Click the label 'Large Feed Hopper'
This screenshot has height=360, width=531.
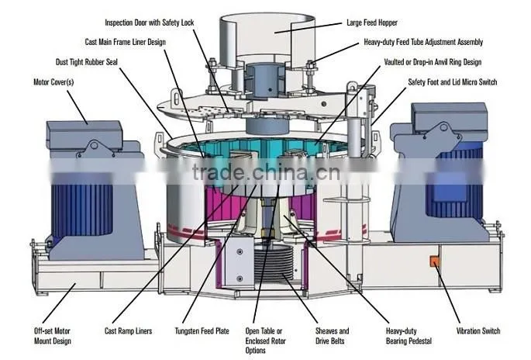pyautogui.click(x=372, y=22)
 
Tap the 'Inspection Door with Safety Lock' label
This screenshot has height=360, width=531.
pyautogui.click(x=150, y=22)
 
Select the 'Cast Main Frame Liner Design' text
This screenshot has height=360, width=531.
pyautogui.click(x=126, y=42)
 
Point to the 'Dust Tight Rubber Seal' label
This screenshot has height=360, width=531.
pyautogui.click(x=87, y=62)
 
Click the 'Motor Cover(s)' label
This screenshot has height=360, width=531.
pyautogui.click(x=53, y=82)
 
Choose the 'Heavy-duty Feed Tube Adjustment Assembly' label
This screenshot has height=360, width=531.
pyautogui.click(x=423, y=42)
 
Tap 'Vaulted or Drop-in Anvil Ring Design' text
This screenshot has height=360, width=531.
pyautogui.click(x=433, y=62)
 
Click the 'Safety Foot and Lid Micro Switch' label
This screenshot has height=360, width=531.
pyautogui.click(x=453, y=82)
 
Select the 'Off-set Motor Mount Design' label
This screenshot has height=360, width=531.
pyautogui.click(x=53, y=336)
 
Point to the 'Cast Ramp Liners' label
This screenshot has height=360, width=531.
pyautogui.click(x=129, y=331)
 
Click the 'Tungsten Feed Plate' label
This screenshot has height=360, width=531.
pyautogui.click(x=202, y=331)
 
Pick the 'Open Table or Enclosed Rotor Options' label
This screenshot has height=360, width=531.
pyautogui.click(x=265, y=341)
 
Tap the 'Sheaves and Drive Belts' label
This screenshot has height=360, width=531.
pyautogui.click(x=333, y=336)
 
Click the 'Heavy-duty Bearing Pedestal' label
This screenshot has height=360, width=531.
pyautogui.click(x=409, y=336)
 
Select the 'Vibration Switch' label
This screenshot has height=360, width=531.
pyautogui.click(x=478, y=331)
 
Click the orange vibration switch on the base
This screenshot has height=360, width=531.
pyautogui.click(x=434, y=261)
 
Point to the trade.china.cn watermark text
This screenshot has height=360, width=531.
pyautogui.click(x=266, y=172)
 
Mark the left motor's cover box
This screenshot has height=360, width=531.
pyautogui.click(x=84, y=135)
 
